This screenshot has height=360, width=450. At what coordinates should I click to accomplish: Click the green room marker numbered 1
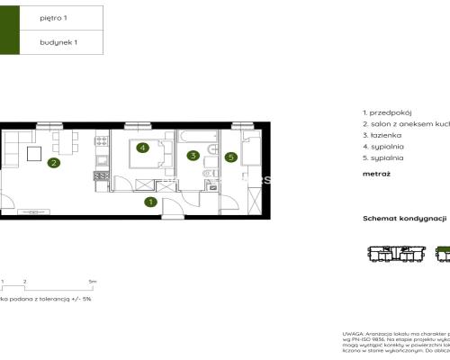(x=150, y=202)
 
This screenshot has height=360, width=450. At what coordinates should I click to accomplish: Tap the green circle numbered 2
(x=54, y=163)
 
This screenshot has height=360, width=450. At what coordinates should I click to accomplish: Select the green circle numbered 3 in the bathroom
(x=193, y=156)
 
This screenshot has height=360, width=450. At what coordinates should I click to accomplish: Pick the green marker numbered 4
(x=142, y=148)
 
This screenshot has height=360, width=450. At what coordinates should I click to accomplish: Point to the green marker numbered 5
(x=230, y=157)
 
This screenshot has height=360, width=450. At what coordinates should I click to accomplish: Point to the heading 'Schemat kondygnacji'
(x=405, y=219)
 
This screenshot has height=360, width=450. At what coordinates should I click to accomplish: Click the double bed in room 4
(x=145, y=153)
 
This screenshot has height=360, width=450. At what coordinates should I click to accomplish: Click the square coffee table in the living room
(x=34, y=154)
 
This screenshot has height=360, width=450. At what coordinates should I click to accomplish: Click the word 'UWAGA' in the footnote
(x=353, y=333)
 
